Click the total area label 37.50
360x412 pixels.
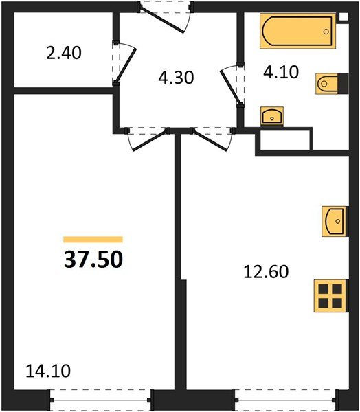[93, 260]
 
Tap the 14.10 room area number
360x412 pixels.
[48, 371]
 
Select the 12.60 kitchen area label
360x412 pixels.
[266, 271]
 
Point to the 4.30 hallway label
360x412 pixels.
[176, 78]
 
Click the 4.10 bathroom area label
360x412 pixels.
[281, 72]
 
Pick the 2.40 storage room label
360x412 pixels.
[64, 53]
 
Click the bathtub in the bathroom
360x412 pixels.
[297, 32]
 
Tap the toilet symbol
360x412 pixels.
[332, 84]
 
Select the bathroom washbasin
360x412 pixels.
[272, 116]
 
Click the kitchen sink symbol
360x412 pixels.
[335, 221]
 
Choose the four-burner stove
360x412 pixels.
[331, 296]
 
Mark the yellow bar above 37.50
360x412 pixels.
[93, 240]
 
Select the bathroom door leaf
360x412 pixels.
[230, 86]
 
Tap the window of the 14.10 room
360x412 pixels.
[100, 400]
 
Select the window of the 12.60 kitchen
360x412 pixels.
[285, 400]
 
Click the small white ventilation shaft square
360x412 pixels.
[344, 16]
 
